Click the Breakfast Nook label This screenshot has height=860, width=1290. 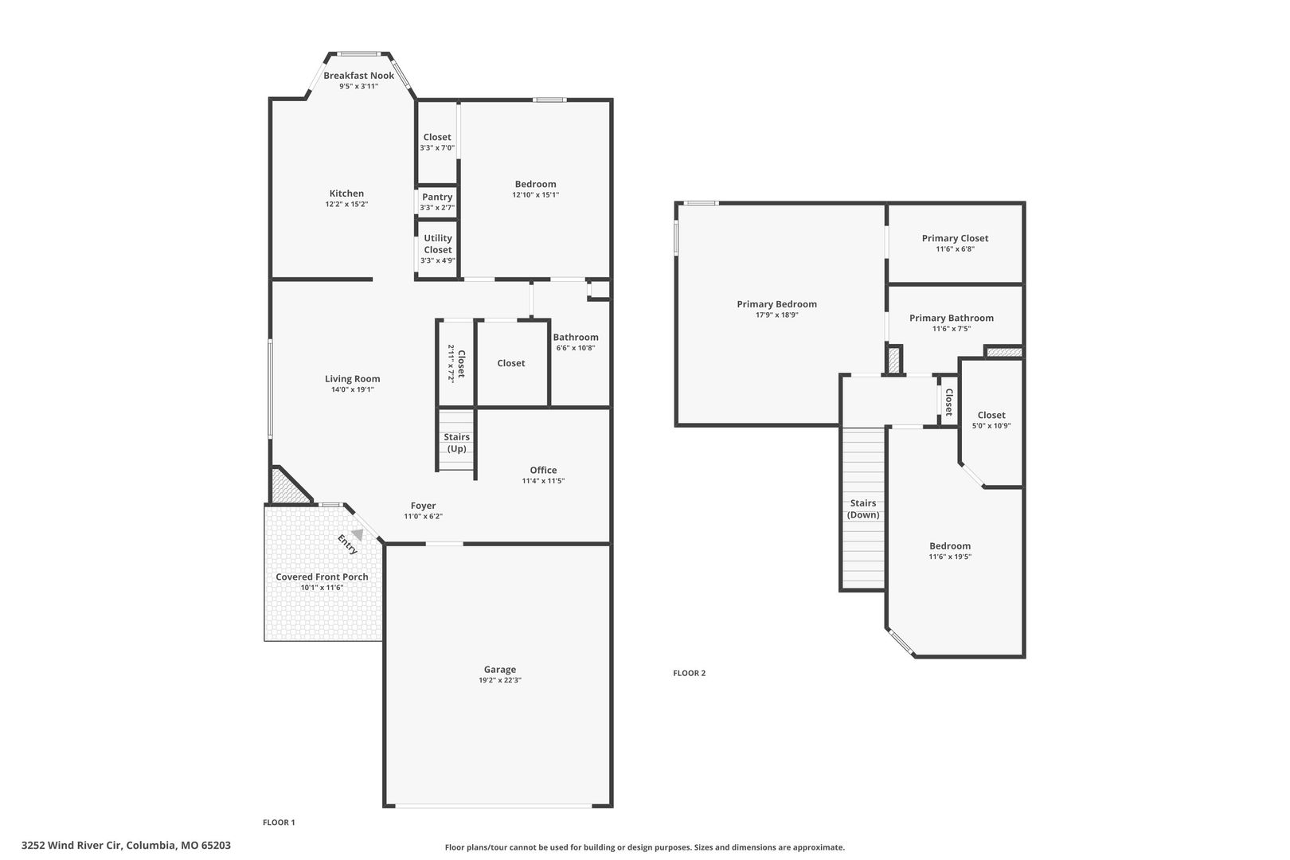[359, 76]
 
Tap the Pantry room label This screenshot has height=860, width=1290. [437, 197]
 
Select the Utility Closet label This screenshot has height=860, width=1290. [438, 244]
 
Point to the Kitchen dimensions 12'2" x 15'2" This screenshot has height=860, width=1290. [346, 204]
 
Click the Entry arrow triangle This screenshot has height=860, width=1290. [358, 534]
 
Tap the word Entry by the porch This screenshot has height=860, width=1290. [347, 545]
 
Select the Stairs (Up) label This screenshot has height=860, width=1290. [457, 443]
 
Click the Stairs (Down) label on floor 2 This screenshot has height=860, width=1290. [863, 509]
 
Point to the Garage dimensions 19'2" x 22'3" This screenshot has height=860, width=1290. [500, 680]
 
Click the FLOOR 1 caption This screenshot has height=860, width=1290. [279, 822]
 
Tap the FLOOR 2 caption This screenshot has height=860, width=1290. [690, 673]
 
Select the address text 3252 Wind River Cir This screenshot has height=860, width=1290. [72, 845]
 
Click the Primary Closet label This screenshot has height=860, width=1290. [955, 238]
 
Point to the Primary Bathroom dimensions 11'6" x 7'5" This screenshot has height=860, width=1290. [952, 329]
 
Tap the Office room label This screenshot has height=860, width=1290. [543, 470]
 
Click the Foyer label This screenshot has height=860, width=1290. [424, 506]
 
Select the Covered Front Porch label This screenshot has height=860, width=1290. [322, 577]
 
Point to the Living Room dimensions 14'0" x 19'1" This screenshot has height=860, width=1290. [353, 389]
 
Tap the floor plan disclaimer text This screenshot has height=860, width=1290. [644, 847]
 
